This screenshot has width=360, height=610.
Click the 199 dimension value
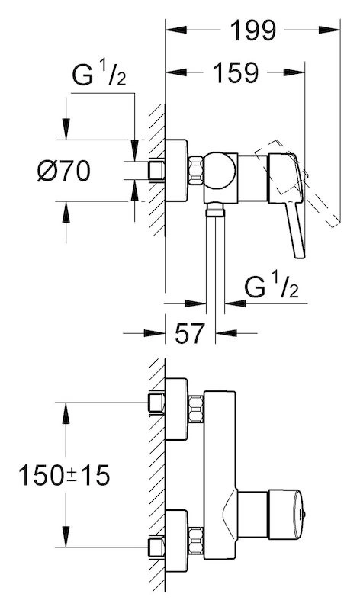coord(253,30)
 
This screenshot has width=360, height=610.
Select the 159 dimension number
coord(236,72)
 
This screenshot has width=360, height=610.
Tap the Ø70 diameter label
coord(64,171)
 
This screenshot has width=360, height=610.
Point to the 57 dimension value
coord(190,333)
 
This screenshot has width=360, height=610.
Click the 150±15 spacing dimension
coord(64,475)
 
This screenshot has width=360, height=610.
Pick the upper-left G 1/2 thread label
coord(99,75)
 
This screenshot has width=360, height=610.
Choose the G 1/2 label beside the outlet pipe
coord(272,287)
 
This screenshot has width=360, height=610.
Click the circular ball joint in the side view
coord(220,171)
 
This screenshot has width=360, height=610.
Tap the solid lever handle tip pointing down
coord(300,254)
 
